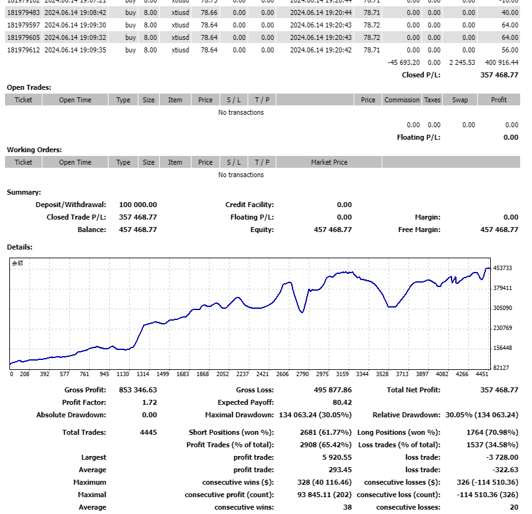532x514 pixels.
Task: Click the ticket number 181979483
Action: pyautogui.click(x=24, y=12)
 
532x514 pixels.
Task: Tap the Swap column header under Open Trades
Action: pyautogui.click(x=460, y=100)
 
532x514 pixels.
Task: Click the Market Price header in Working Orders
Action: pyautogui.click(x=329, y=162)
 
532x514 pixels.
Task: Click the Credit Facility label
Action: pyautogui.click(x=249, y=205)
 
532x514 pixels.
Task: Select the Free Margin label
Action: pyautogui.click(x=418, y=230)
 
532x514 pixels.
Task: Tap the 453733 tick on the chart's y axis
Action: pyautogui.click(x=503, y=268)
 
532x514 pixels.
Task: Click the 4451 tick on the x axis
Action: pyautogui.click(x=481, y=375)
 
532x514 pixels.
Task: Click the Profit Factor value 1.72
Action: pyautogui.click(x=150, y=402)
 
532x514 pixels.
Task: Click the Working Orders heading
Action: pyautogui.click(x=34, y=150)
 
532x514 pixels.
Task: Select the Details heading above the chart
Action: pyautogui.click(x=19, y=247)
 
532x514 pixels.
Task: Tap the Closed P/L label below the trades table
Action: pyautogui.click(x=421, y=75)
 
